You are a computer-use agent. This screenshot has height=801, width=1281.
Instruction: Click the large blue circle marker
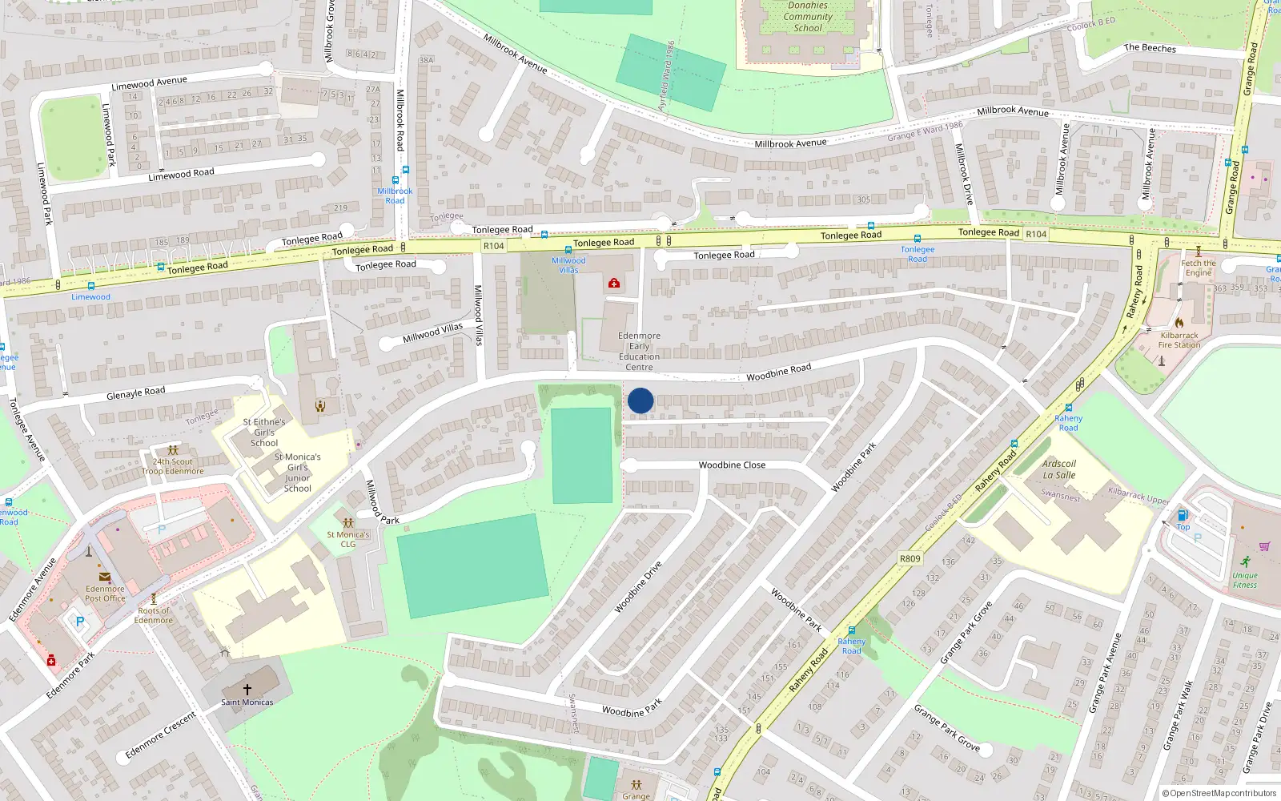click(640, 400)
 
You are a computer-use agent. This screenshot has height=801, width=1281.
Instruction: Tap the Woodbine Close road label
click(732, 465)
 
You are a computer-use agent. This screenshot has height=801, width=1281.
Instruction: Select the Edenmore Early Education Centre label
click(639, 352)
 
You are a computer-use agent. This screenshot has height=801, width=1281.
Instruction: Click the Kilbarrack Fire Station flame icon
click(1179, 323)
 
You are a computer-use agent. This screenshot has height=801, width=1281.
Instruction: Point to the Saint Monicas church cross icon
click(247, 689)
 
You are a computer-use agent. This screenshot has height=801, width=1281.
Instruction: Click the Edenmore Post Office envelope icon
click(105, 577)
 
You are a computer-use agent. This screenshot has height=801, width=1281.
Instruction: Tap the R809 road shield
click(910, 558)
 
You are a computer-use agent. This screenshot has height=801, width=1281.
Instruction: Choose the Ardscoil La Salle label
click(1059, 469)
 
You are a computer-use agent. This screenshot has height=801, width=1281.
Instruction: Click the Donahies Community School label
click(808, 17)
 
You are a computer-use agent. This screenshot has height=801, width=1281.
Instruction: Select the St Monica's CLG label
click(348, 539)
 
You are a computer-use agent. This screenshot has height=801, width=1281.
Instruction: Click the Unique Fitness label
click(1244, 580)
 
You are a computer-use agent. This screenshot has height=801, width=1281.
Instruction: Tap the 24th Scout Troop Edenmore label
click(173, 466)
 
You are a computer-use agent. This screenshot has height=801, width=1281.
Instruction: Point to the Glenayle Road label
click(136, 392)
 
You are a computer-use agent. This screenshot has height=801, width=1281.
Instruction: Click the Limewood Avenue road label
click(150, 83)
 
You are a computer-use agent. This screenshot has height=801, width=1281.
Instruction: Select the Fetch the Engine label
click(1198, 268)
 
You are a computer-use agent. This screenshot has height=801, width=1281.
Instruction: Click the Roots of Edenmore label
click(154, 615)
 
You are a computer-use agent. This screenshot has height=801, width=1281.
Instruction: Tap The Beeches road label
click(1150, 48)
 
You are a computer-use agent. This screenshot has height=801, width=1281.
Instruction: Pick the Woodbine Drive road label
click(638, 587)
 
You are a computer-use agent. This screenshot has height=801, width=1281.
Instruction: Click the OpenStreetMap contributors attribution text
click(1219, 793)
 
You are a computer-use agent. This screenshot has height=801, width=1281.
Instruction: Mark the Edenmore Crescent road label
click(160, 735)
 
